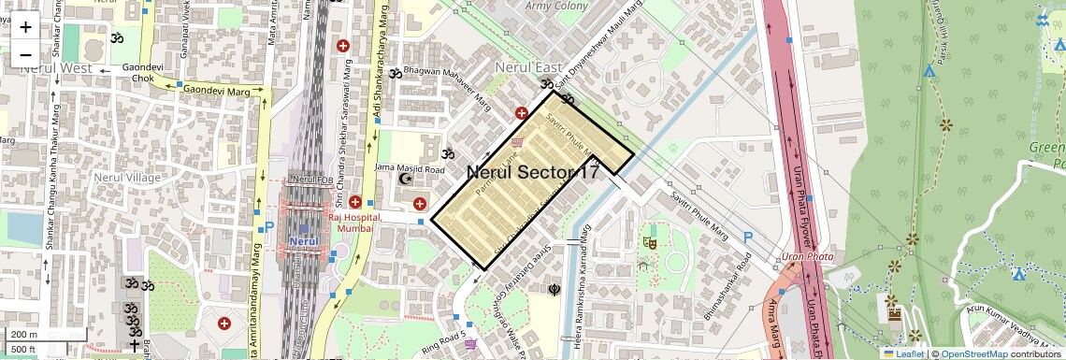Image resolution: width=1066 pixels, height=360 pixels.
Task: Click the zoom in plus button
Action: (x=25, y=27)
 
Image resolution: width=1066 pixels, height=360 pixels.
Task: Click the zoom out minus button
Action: (x=25, y=54)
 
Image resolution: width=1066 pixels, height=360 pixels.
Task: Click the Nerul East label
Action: (x=528, y=67)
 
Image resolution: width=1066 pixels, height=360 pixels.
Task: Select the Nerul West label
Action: (x=56, y=68)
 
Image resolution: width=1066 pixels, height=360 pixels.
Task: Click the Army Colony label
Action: (x=556, y=6)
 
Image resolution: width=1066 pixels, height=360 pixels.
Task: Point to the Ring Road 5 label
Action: (x=443, y=334)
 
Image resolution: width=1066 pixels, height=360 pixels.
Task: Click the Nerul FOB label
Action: (x=312, y=179)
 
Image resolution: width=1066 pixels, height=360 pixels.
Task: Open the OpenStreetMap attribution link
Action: (x=973, y=353)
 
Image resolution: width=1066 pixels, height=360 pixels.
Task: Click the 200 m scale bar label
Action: (x=24, y=335)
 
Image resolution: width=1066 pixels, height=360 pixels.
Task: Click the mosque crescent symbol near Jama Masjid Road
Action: (x=404, y=178)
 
